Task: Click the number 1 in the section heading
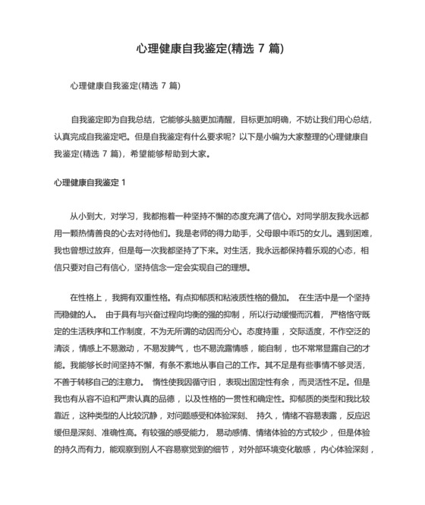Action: tap(124, 183)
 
